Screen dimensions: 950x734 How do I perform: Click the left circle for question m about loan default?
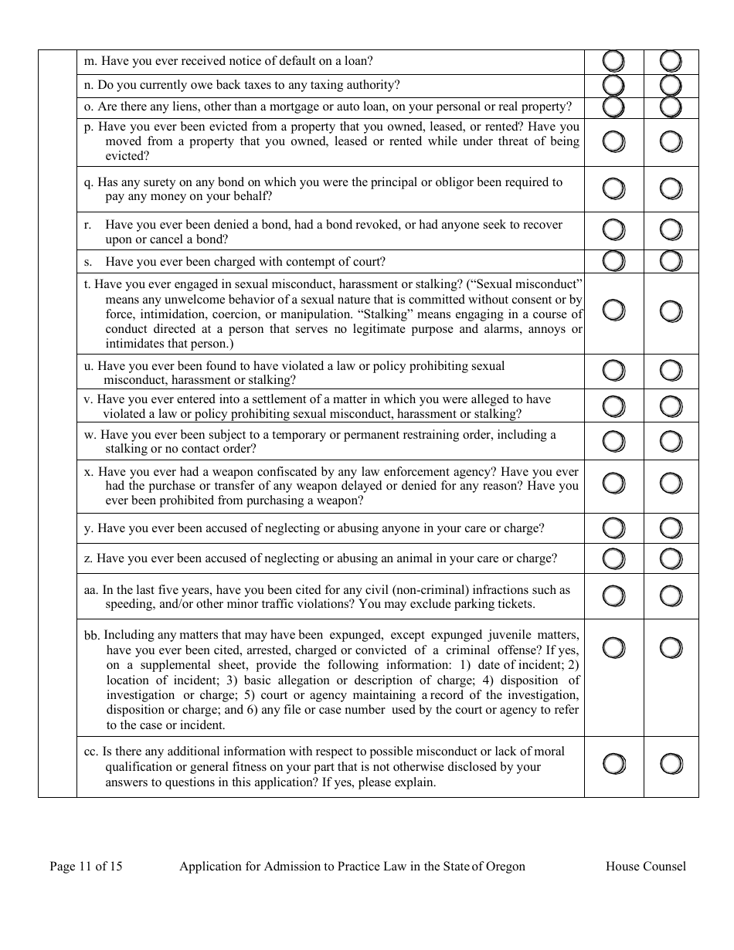pos(613,61)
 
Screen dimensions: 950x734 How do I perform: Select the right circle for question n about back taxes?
pos(671,85)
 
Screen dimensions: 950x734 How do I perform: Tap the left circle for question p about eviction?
pos(613,141)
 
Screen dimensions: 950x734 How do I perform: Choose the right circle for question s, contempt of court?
pos(671,261)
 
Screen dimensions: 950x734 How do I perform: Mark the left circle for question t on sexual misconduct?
pos(613,311)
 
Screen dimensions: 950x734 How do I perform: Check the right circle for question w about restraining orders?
pos(671,441)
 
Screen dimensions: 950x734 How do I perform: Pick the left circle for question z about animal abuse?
pos(613,558)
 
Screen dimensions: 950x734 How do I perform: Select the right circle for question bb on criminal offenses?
pos(671,647)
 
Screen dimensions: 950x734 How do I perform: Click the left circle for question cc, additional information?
pos(613,764)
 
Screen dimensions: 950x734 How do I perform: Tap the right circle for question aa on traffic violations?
pos(671,596)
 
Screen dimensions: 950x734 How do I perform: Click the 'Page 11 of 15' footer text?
pos(86,866)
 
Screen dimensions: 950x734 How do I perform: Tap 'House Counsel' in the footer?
pos(645,866)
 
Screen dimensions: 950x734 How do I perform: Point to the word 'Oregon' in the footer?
pos(505,866)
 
